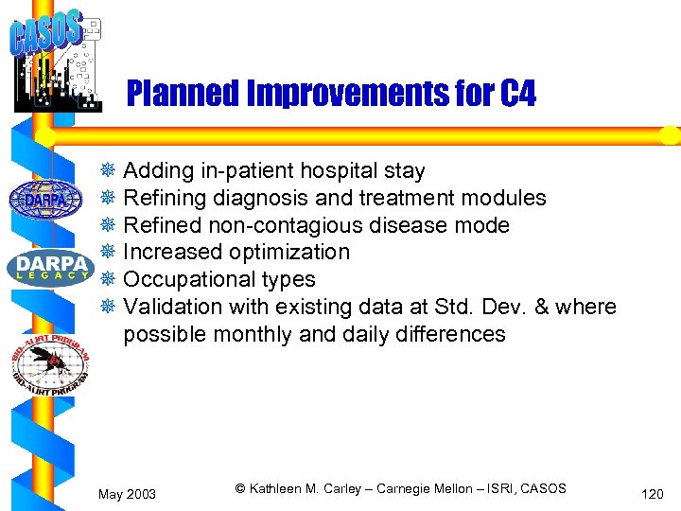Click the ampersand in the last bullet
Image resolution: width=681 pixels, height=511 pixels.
[542, 308]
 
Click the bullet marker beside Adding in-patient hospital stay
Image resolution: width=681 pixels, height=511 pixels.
[108, 171]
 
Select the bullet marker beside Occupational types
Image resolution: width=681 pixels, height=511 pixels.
[108, 280]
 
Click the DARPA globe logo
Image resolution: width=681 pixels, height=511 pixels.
[45, 200]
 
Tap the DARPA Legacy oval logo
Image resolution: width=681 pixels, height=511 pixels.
[50, 268]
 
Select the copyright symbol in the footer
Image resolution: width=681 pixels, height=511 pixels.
[240, 489]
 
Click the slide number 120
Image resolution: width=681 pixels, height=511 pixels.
[652, 494]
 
